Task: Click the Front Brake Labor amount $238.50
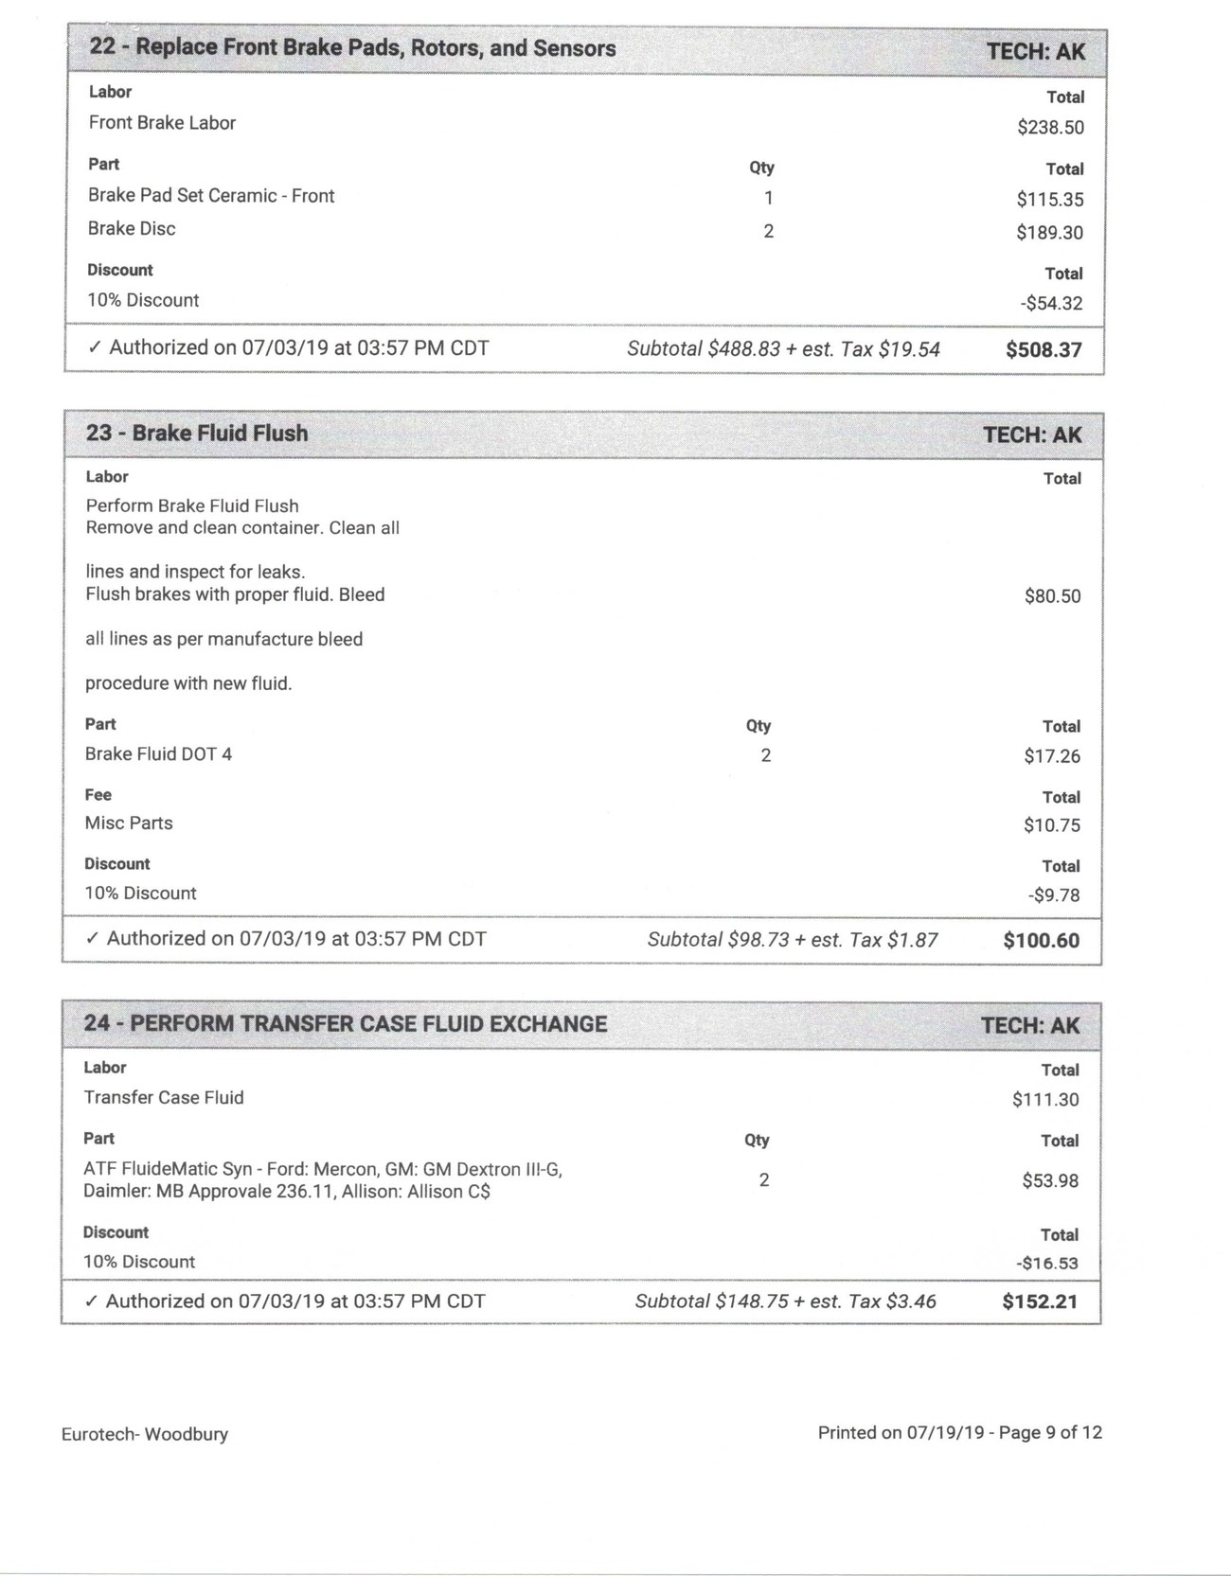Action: [x=1050, y=128]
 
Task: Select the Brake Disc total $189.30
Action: [x=1050, y=233]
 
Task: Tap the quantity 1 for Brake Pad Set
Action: [x=769, y=199]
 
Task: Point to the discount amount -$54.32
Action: [x=1051, y=304]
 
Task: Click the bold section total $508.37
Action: [x=1044, y=350]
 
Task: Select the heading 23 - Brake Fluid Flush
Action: [x=197, y=434]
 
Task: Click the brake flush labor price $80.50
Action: [x=1052, y=596]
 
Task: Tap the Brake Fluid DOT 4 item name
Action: [x=158, y=754]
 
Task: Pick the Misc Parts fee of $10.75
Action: [x=1051, y=825]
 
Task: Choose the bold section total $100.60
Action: [x=1041, y=941]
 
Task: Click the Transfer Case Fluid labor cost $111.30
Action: [x=1045, y=1100]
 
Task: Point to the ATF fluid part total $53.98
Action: [x=1050, y=1181]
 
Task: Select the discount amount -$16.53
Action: [x=1047, y=1264]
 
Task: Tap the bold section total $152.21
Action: [x=1040, y=1302]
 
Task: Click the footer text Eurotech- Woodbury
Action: [x=145, y=1434]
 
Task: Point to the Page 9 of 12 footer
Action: [x=1050, y=1433]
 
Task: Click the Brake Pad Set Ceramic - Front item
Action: [x=211, y=196]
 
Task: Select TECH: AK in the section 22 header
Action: [x=1036, y=51]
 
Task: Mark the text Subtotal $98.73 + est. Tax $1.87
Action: [x=793, y=940]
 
